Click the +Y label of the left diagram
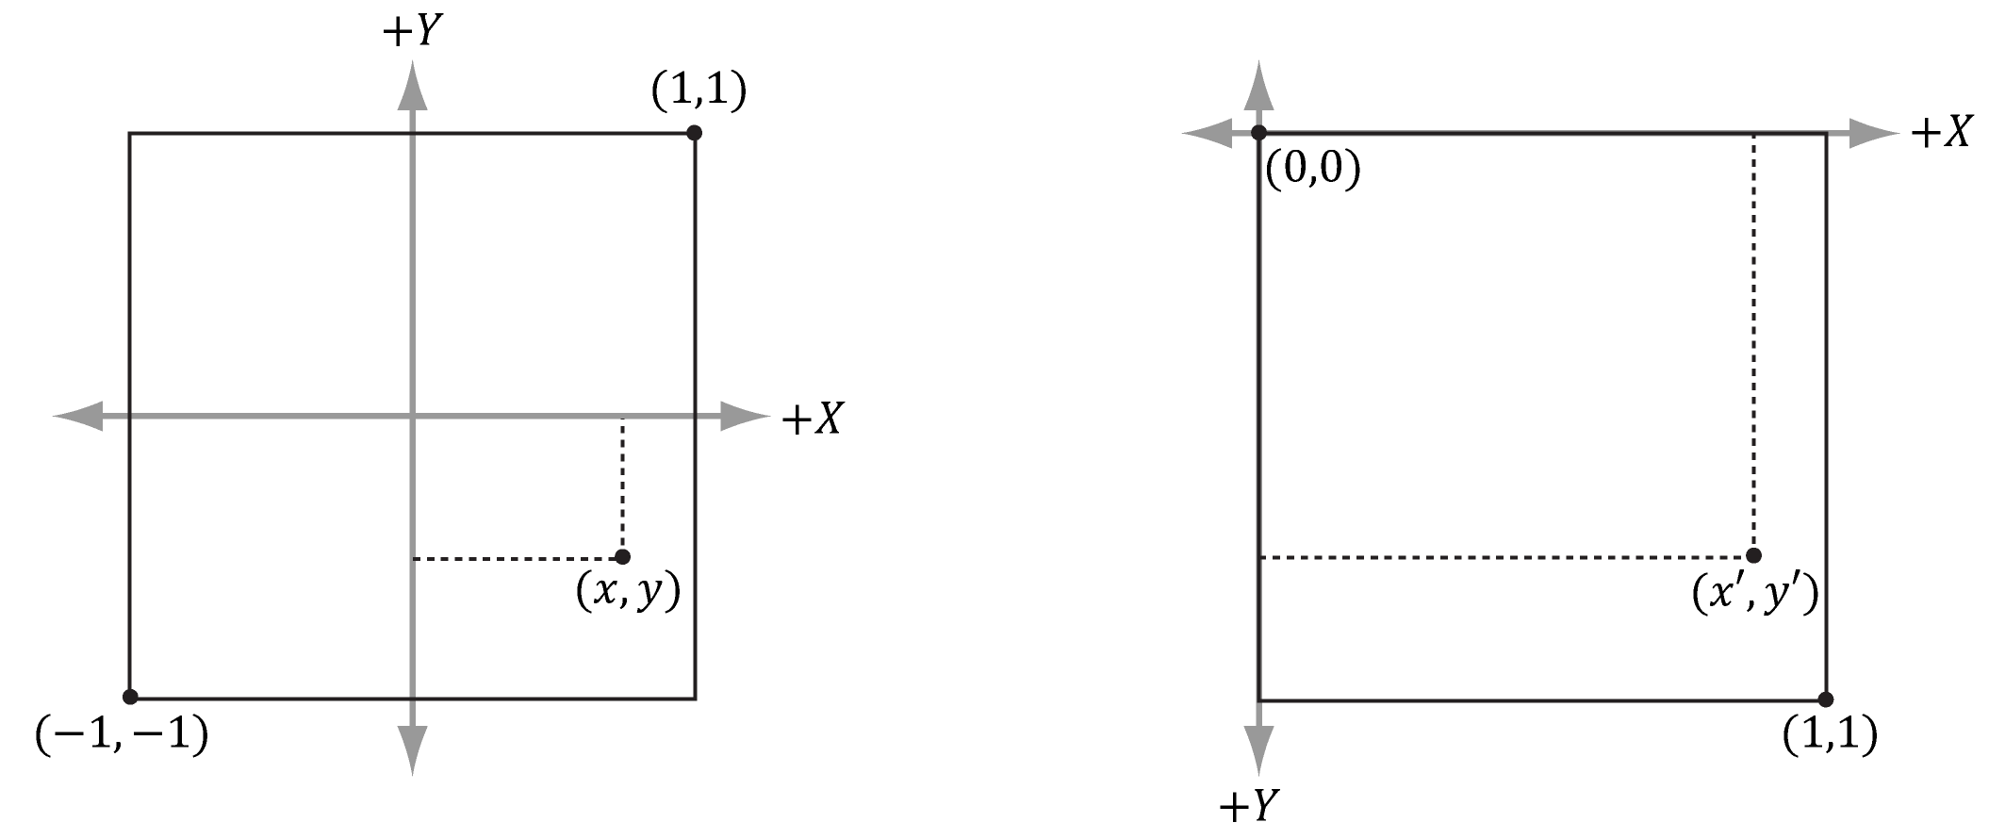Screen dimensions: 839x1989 click(x=412, y=31)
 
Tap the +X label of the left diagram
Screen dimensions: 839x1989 click(x=812, y=419)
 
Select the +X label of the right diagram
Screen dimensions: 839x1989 click(x=1940, y=133)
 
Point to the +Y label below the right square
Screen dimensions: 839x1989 click(x=1248, y=806)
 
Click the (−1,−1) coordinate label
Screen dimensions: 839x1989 click(x=122, y=735)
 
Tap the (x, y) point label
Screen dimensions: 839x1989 click(x=628, y=593)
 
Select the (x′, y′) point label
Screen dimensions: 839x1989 click(x=1754, y=595)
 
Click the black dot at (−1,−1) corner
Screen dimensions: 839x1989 click(x=130, y=697)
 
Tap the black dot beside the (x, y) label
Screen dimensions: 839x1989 click(x=622, y=556)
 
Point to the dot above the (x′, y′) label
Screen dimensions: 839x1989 click(x=1753, y=555)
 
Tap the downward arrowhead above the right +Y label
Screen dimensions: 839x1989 click(x=1258, y=750)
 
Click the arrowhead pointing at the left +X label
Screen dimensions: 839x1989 click(x=745, y=416)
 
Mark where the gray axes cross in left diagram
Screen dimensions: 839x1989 click(x=412, y=416)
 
